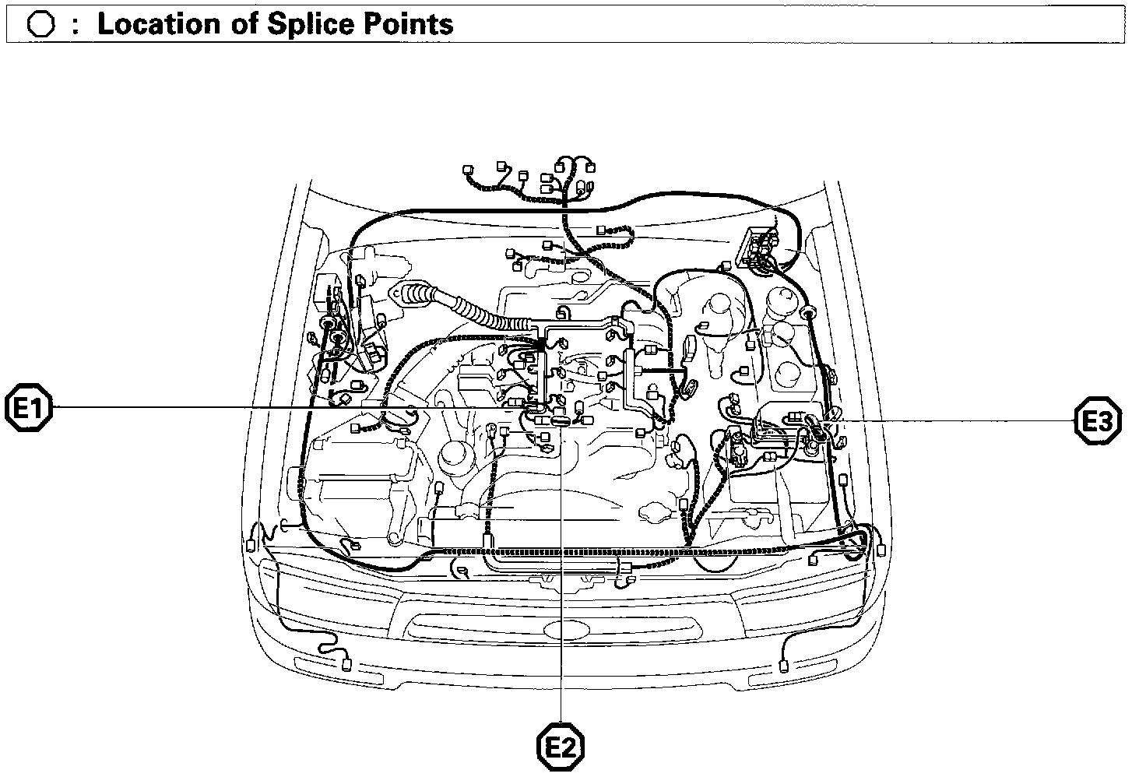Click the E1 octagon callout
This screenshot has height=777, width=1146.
coord(29,407)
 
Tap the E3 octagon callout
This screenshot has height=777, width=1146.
coord(1098,422)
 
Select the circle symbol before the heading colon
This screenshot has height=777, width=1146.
coord(40,25)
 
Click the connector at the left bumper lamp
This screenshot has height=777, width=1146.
coord(346,663)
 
